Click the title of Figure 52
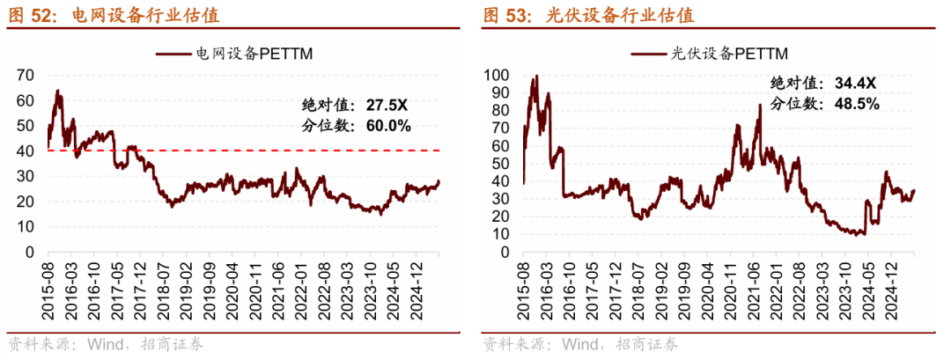tap(114, 15)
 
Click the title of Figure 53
tap(587, 15)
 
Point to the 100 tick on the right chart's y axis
tap(498, 75)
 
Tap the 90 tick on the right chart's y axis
tap(501, 92)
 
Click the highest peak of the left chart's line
tap(57, 91)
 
